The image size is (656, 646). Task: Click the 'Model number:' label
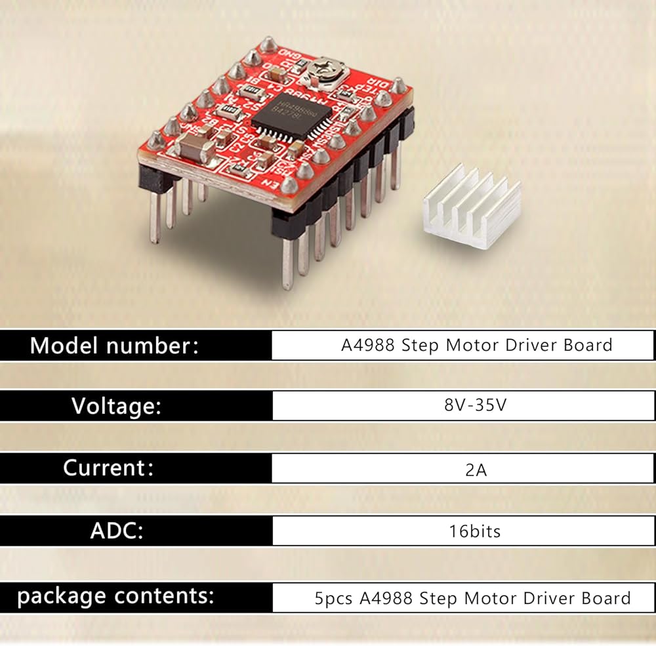click(x=113, y=346)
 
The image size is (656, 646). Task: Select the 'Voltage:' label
click(x=116, y=407)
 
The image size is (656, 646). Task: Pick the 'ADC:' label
click(x=117, y=531)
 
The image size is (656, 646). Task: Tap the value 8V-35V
click(x=476, y=405)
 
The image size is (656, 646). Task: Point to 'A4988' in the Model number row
click(x=367, y=345)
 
